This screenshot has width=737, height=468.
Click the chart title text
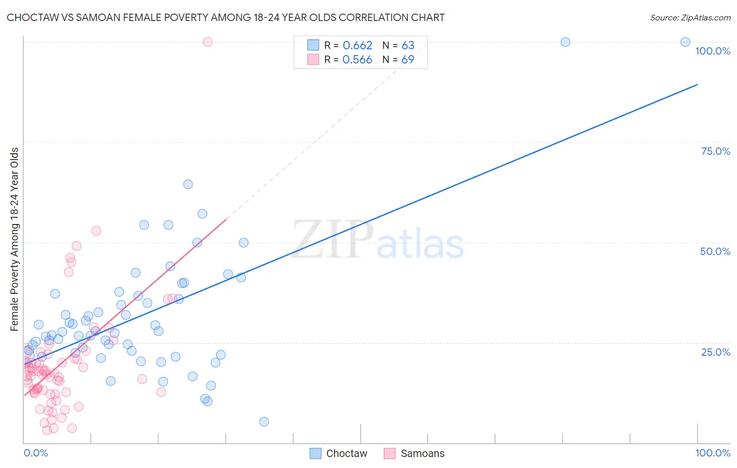click(225, 17)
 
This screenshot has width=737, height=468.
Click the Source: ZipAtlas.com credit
click(690, 17)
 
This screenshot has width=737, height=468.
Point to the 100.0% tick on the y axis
click(712, 51)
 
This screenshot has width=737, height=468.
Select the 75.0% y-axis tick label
click(716, 151)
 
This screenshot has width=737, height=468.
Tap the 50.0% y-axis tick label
click(715, 251)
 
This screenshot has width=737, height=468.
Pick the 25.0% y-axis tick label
click(716, 352)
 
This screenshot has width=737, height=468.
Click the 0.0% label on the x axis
click(36, 453)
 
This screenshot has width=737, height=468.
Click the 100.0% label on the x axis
click(712, 453)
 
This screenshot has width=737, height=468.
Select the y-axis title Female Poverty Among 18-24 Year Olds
click(15, 239)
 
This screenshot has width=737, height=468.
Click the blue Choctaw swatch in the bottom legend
click(316, 453)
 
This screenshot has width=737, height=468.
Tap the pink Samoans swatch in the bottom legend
click(389, 453)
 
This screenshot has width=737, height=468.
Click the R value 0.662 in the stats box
click(357, 46)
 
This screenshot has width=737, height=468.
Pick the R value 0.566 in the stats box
click(357, 60)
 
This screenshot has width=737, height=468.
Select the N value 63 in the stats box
click(408, 46)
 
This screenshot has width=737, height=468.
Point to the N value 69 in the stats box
click(408, 60)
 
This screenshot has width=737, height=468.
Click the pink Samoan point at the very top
click(208, 42)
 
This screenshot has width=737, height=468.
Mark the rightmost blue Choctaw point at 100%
click(685, 42)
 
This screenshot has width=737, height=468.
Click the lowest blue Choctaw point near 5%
click(264, 422)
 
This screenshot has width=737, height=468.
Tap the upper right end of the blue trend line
click(697, 84)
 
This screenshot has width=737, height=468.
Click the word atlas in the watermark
click(420, 245)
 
